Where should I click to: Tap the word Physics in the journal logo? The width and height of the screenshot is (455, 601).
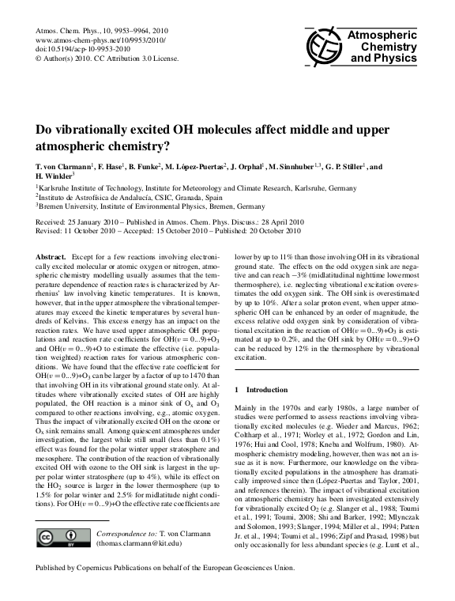tap(377, 59)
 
